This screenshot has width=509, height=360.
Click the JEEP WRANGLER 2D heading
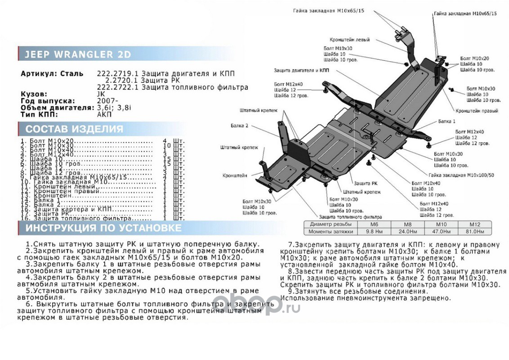coord(77,54)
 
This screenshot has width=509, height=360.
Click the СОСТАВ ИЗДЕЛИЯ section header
coord(74,129)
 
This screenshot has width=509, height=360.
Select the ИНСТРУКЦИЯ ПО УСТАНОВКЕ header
coord(103,228)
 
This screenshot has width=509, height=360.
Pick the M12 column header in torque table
coord(475,224)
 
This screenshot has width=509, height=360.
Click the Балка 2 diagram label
coord(241,126)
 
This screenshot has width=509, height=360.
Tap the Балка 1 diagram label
coord(446,122)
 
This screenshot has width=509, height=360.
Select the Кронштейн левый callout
coord(349,40)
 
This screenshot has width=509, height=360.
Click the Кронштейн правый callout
coord(476,110)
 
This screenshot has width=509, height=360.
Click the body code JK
coord(102,94)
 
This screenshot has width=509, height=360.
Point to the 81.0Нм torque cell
coord(475,232)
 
